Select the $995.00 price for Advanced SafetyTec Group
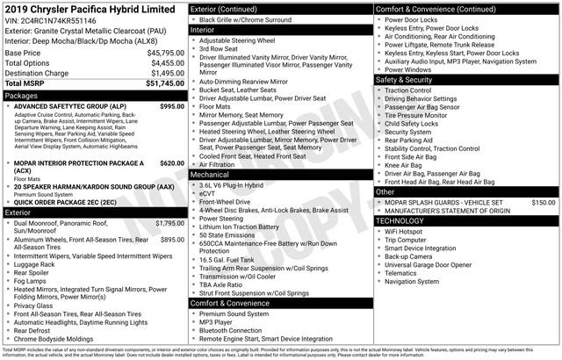tap(172, 106)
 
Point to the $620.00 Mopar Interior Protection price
tap(172, 163)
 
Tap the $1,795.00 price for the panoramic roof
tap(169, 224)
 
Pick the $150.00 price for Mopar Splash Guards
tap(544, 202)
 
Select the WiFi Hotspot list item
tap(409, 232)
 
